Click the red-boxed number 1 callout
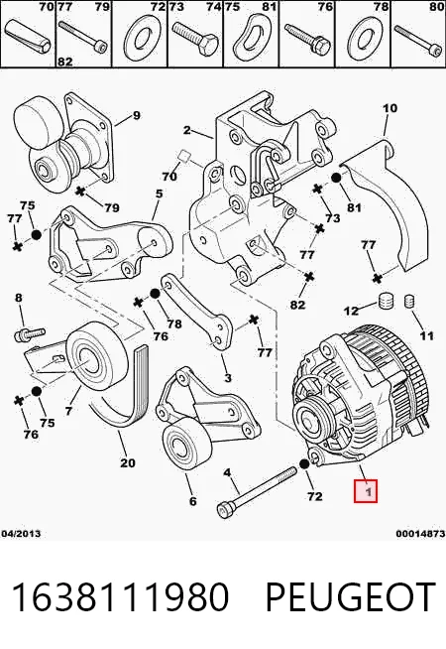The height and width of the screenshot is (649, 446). click(x=366, y=491)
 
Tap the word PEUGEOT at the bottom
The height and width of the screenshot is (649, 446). click(x=351, y=596)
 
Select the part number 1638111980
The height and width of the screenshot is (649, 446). click(x=120, y=596)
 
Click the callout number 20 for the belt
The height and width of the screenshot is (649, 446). click(x=127, y=461)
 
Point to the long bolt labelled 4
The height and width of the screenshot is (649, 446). click(x=257, y=492)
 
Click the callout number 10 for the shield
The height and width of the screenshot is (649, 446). click(x=390, y=108)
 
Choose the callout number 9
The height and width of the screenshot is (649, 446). click(x=137, y=115)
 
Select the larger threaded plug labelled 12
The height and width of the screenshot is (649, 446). click(x=387, y=301)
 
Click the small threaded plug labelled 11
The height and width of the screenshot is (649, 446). click(x=408, y=301)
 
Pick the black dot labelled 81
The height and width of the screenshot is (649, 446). click(x=336, y=178)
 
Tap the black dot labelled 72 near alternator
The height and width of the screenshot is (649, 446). click(x=304, y=464)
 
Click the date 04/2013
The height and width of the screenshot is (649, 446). click(x=21, y=534)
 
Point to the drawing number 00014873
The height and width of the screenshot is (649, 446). click(x=420, y=534)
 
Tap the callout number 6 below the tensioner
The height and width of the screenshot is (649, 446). click(x=192, y=501)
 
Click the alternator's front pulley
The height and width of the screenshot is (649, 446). click(x=309, y=419)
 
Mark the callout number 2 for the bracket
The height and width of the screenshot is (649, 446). click(x=187, y=130)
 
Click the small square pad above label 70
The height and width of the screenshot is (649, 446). click(x=183, y=157)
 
